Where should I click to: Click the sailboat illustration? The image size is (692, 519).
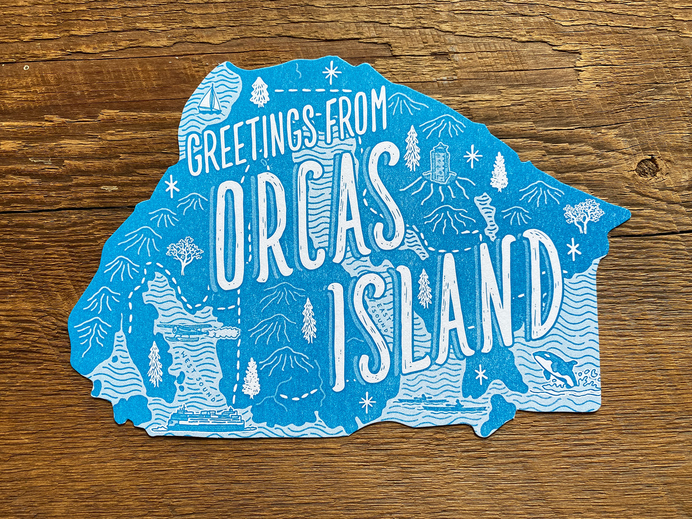coord(209,99)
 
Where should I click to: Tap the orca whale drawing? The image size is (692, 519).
coord(555,368)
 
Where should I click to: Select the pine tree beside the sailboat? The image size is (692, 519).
coord(259,92)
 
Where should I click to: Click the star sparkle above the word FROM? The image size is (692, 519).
coord(332,72)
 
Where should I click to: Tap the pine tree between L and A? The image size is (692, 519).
coord(424,288)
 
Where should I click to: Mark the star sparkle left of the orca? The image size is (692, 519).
coord(481,374)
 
